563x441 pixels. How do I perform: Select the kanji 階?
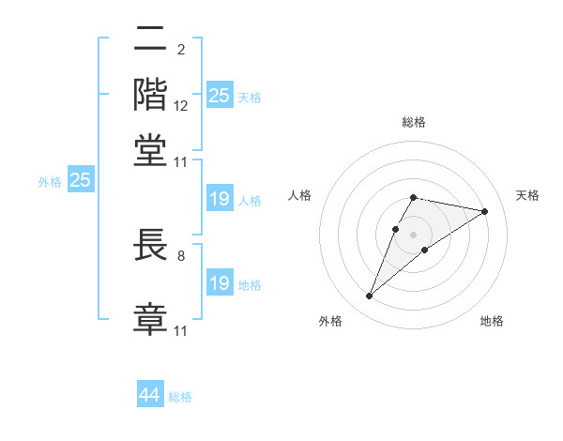(x=150, y=95)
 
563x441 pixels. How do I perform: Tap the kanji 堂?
(x=150, y=151)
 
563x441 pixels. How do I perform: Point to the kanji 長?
(x=150, y=245)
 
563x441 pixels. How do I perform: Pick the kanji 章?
(x=150, y=318)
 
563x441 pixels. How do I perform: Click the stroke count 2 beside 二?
(x=180, y=49)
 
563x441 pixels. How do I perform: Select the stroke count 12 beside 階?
(x=181, y=105)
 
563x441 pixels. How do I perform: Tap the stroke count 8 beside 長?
(x=180, y=254)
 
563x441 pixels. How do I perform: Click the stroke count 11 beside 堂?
(x=181, y=161)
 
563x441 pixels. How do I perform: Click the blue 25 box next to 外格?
(x=80, y=180)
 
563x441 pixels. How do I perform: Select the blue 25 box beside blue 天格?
(x=219, y=95)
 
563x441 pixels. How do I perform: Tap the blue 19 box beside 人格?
(x=219, y=199)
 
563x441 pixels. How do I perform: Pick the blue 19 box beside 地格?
(x=219, y=283)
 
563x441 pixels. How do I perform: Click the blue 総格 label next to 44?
(x=180, y=397)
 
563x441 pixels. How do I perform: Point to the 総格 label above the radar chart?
(x=413, y=122)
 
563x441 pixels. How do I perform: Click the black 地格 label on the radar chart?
(x=492, y=321)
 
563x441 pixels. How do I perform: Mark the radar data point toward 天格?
(x=484, y=211)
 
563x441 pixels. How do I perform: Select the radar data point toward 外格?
(x=369, y=297)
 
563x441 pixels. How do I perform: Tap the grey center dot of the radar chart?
(x=413, y=234)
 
